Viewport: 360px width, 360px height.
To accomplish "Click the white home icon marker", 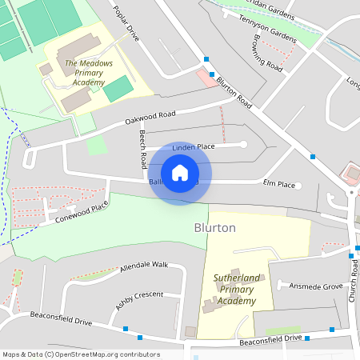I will [x=180, y=173].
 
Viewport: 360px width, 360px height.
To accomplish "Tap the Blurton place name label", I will [x=215, y=228].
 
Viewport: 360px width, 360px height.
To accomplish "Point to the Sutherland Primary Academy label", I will [x=236, y=290].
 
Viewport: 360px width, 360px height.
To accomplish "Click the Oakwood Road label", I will [x=150, y=118].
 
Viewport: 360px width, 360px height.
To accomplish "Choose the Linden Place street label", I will [x=194, y=146].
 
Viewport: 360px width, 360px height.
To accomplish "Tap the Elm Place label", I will [x=279, y=185].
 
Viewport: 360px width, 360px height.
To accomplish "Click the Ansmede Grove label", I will [x=315, y=286].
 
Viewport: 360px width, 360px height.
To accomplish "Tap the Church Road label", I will [x=351, y=279].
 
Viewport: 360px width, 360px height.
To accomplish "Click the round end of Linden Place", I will [x=243, y=144].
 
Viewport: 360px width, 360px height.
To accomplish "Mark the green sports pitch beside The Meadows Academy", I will [x=118, y=88].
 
